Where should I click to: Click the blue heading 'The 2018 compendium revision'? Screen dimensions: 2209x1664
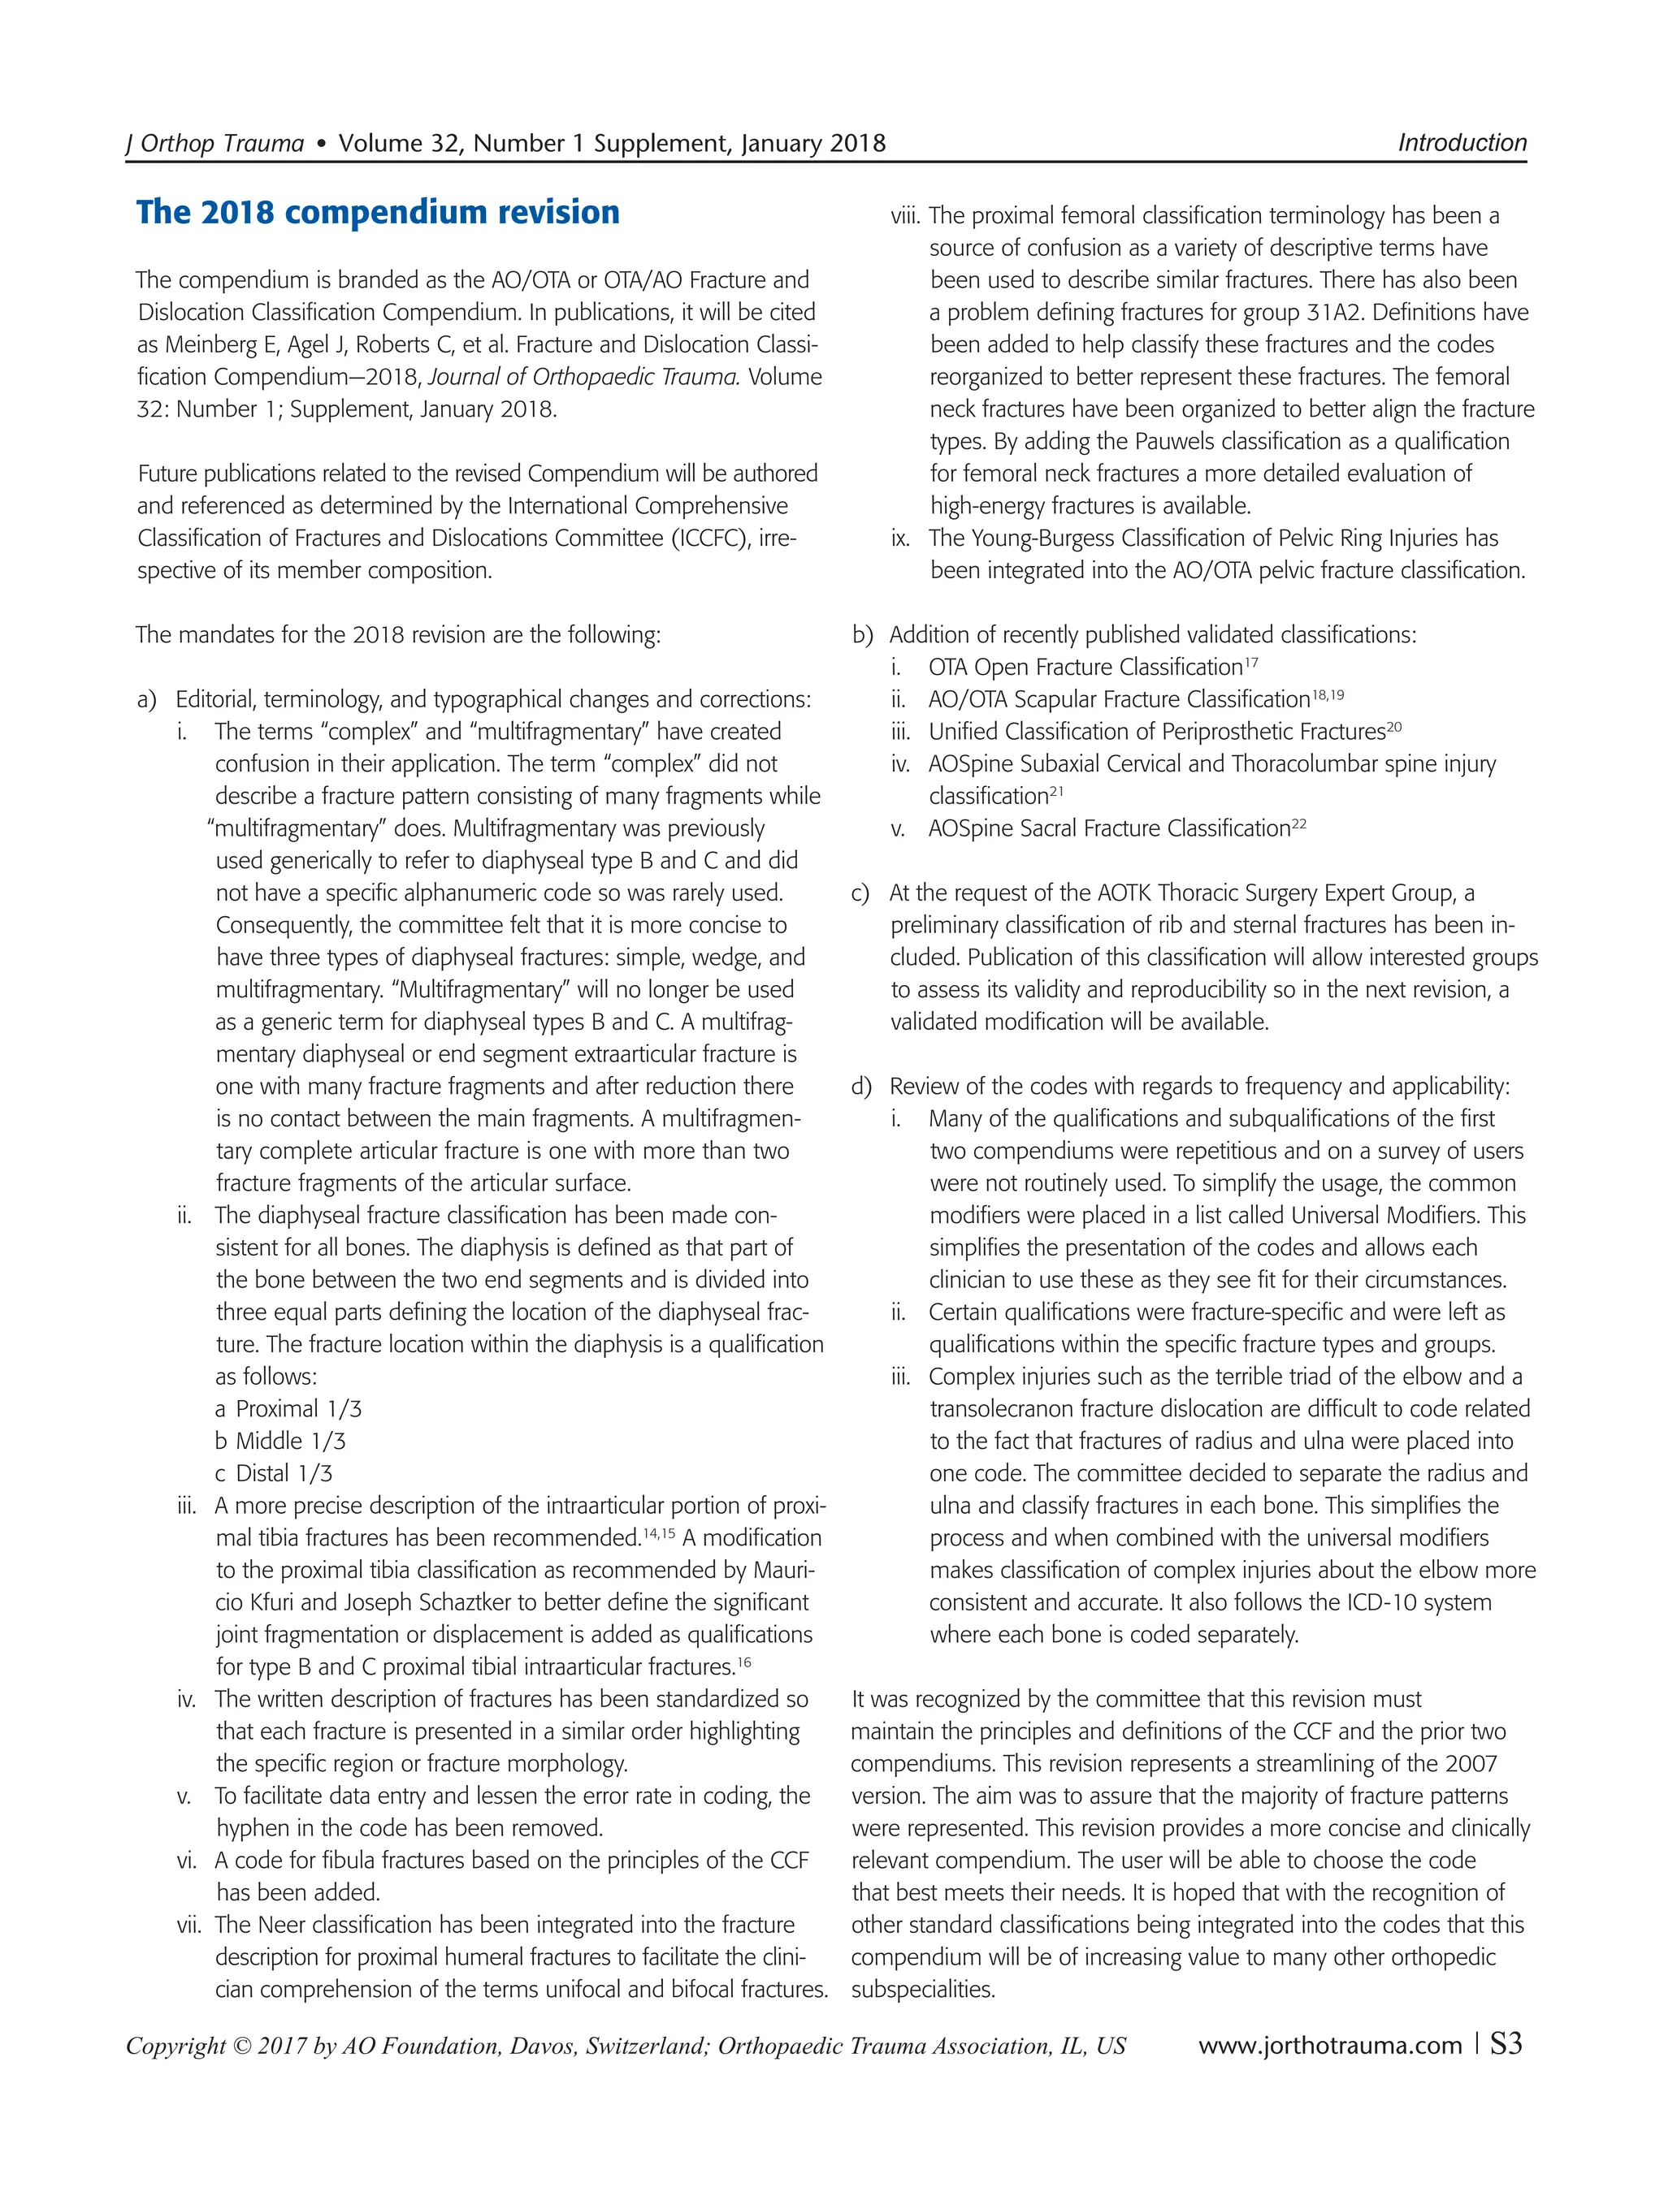(378, 213)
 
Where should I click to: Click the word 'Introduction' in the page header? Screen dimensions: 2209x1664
(1461, 143)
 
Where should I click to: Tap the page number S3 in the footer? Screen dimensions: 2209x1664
(1506, 2044)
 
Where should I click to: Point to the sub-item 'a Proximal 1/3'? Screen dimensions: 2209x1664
(288, 1409)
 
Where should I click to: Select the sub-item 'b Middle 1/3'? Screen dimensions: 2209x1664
(280, 1441)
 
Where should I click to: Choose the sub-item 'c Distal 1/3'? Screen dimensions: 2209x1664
(274, 1473)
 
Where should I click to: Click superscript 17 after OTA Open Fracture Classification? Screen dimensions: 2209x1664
(1251, 662)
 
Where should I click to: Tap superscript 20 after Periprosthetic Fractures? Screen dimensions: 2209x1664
(1393, 727)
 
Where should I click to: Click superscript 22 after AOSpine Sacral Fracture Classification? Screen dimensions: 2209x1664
(1298, 824)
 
